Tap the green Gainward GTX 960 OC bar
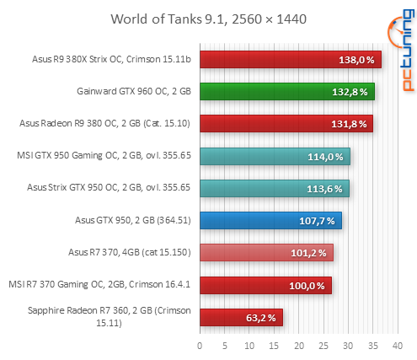(286, 91)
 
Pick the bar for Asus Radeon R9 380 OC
(286, 123)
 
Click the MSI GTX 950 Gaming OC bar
(275, 156)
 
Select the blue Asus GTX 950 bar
(270, 221)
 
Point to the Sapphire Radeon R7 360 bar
(241, 317)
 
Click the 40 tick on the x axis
(398, 345)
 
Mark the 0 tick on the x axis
(200, 345)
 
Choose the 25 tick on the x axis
(323, 345)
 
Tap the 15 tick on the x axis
(274, 345)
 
